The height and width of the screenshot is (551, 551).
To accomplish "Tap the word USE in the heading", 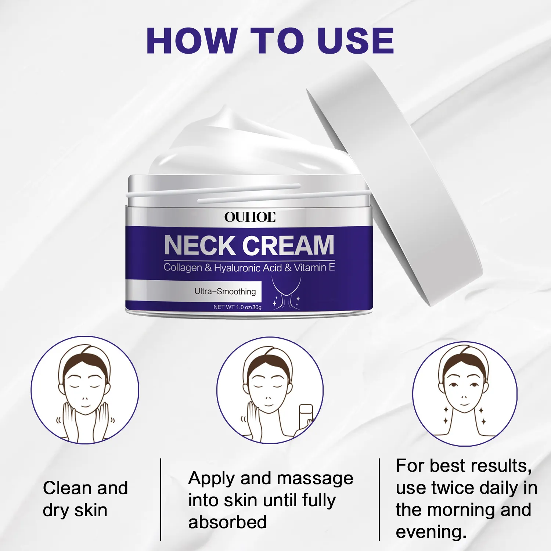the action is coord(355,41).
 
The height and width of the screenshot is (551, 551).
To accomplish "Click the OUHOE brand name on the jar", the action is coord(250,217).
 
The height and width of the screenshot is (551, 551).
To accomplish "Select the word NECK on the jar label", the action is coord(200,245).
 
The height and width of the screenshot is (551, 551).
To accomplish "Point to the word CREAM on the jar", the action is coord(288,245).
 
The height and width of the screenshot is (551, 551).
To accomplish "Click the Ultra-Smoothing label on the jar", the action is coord(225,292).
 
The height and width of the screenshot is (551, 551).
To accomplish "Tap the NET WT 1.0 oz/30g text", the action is coord(238,307).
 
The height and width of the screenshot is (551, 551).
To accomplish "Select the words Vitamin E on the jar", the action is coord(314,267).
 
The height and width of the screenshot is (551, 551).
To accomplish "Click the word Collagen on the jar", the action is coord(183,268).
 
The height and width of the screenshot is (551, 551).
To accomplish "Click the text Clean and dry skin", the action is coord(85,499).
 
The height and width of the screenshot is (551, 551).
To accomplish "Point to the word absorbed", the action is coord(227,522).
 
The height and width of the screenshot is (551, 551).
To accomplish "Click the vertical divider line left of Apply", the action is coord(161,500).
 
